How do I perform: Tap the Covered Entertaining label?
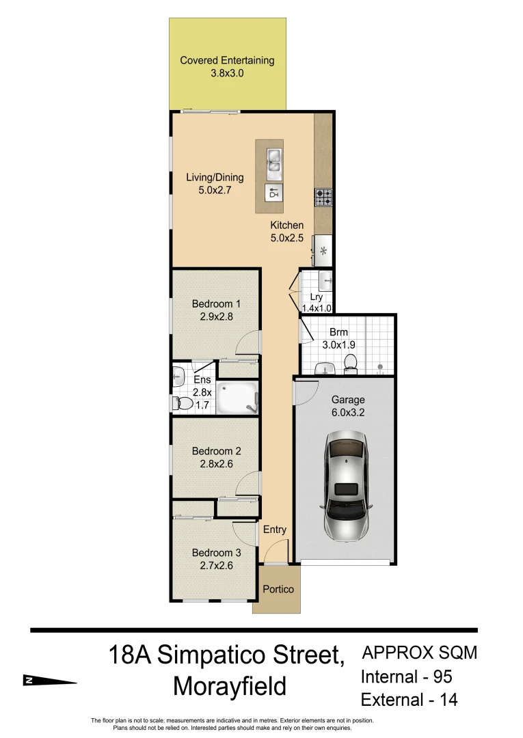point(227,66)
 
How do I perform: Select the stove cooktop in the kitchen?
point(323,197)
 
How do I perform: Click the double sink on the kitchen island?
point(273,160)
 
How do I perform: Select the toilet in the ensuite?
point(183,403)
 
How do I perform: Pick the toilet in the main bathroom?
point(351,364)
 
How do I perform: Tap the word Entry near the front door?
point(275,530)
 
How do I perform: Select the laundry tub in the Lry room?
point(325,280)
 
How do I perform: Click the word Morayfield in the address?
point(230,686)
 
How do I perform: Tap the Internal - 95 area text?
point(407,677)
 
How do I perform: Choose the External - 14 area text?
point(409,700)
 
